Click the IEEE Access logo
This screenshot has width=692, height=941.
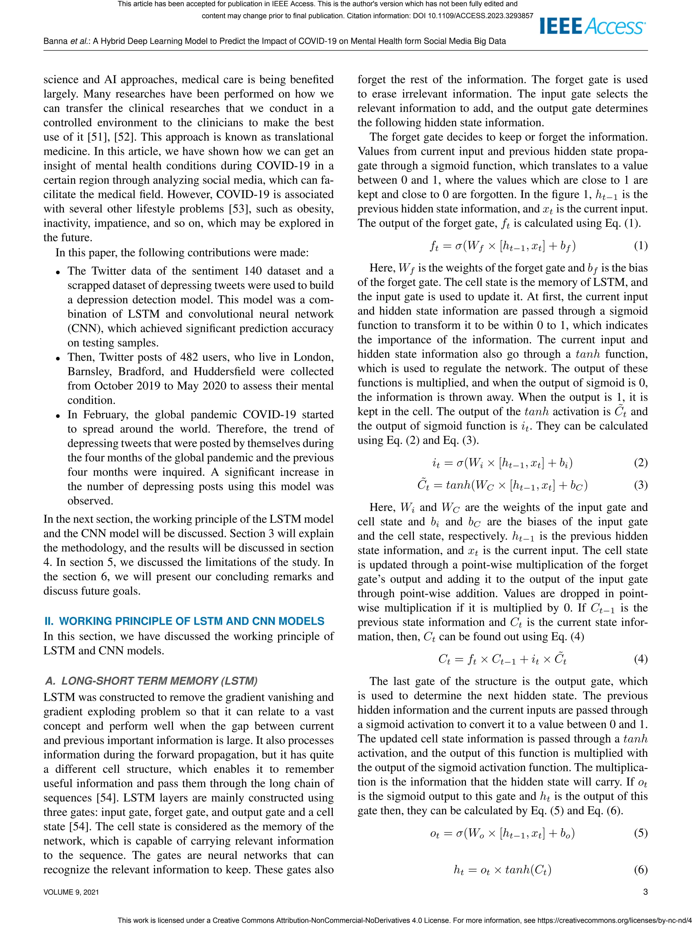[x=592, y=26]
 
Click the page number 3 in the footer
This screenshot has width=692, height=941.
[x=645, y=892]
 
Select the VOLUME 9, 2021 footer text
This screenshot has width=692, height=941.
[x=71, y=892]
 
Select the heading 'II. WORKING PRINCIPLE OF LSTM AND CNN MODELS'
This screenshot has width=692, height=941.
[x=184, y=621]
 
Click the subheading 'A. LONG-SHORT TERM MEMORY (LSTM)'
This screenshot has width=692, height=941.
[x=151, y=681]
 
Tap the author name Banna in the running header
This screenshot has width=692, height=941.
[x=56, y=41]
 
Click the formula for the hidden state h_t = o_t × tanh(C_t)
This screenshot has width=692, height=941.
[x=502, y=870]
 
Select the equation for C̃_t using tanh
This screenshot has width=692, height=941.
[x=502, y=485]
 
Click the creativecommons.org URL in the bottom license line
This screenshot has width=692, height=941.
[x=614, y=920]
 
